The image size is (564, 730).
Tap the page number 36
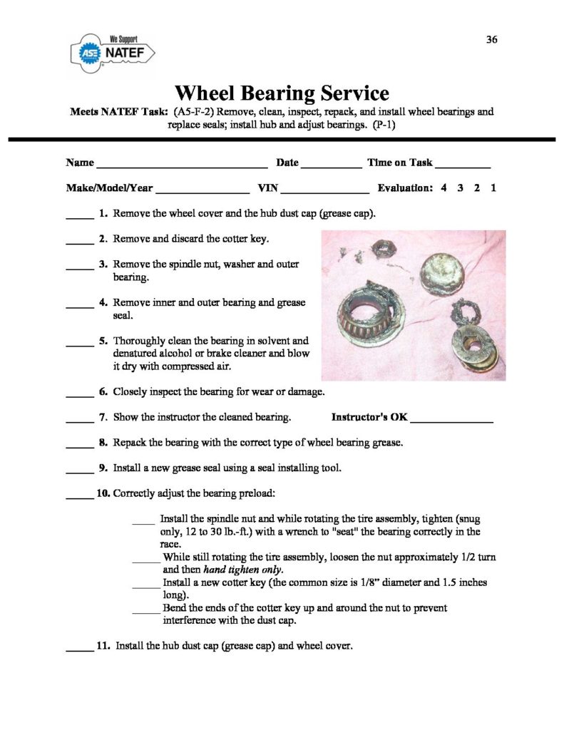click(x=491, y=39)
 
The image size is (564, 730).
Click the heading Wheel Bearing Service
click(x=282, y=93)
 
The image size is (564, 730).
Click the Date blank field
click(x=331, y=165)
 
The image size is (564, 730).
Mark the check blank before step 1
click(x=80, y=216)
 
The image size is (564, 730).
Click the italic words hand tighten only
click(x=243, y=570)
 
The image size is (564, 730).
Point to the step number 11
click(x=103, y=647)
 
